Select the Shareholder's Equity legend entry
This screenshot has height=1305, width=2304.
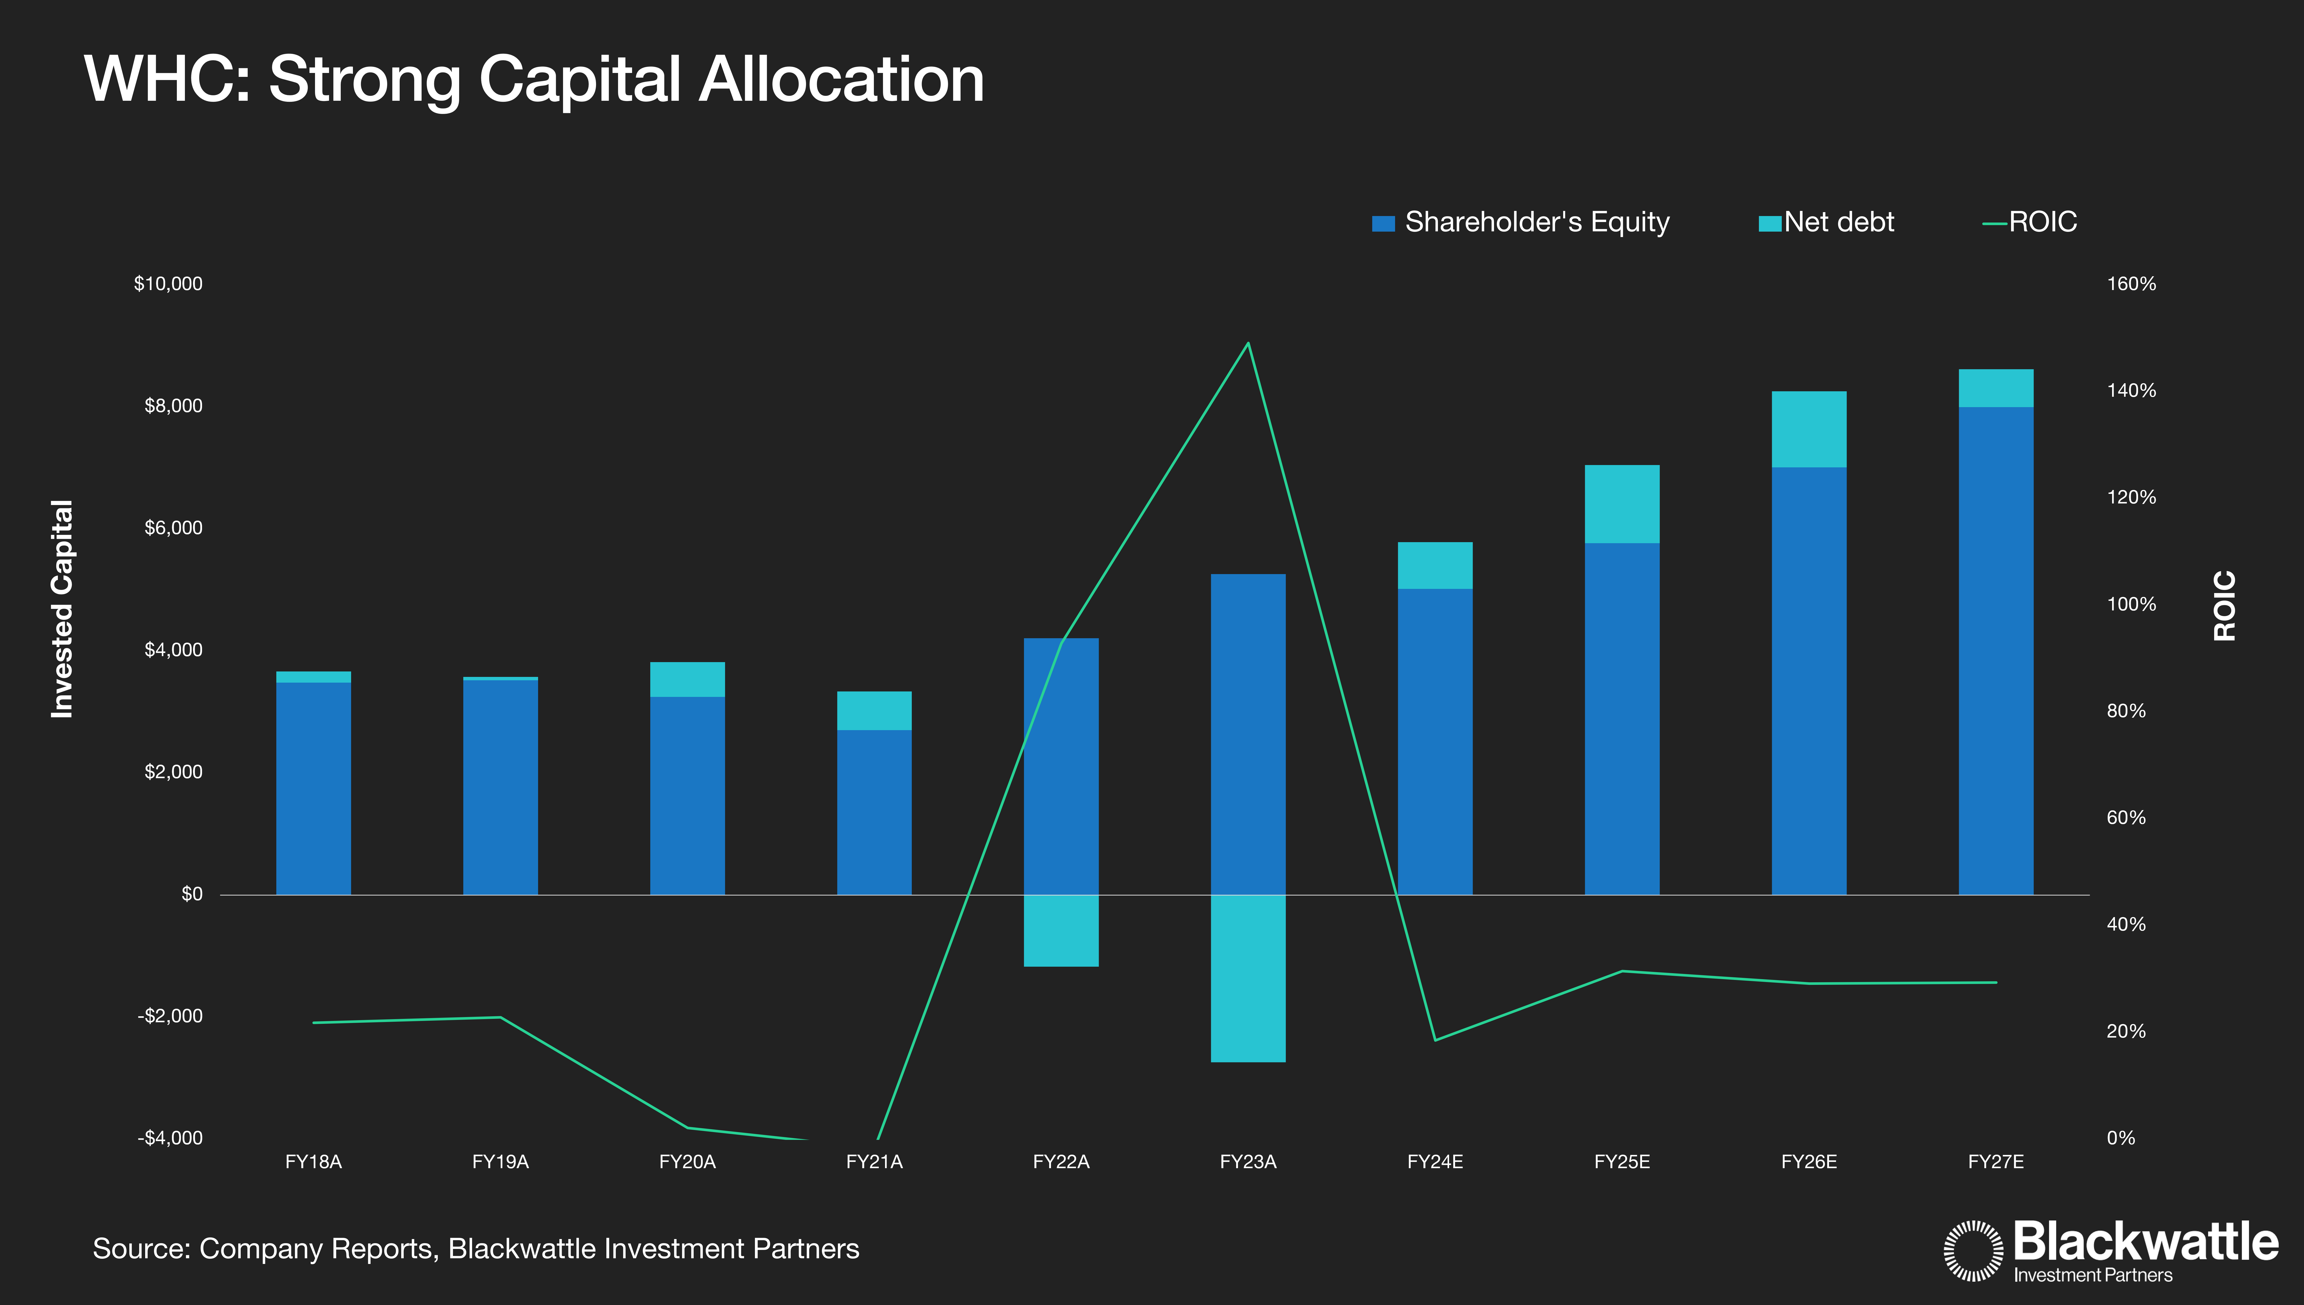[x=1521, y=222]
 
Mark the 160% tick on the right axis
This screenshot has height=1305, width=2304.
[x=2131, y=284]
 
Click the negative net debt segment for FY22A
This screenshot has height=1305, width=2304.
[x=1061, y=930]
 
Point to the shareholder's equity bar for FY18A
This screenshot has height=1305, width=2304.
[x=314, y=789]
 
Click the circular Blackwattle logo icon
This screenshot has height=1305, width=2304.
[x=1972, y=1250]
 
